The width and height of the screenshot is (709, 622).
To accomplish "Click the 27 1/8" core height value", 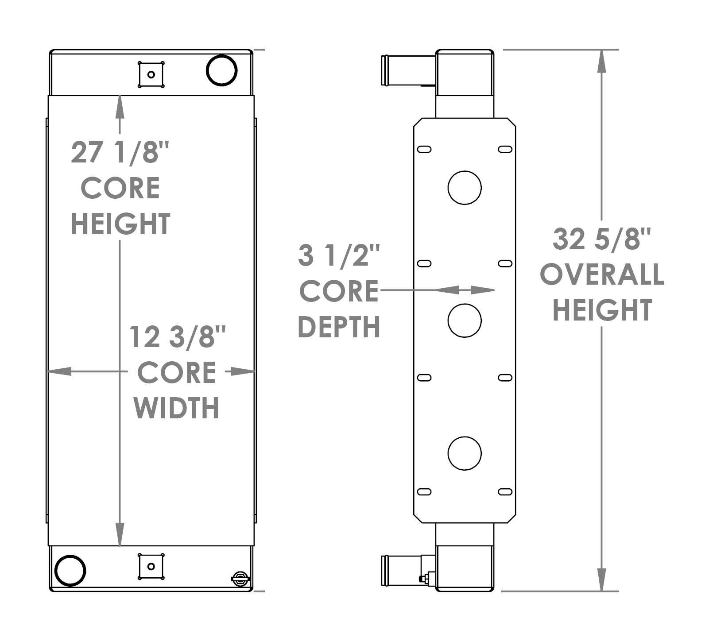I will tap(120, 153).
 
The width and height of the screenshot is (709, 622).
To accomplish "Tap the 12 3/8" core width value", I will tap(177, 337).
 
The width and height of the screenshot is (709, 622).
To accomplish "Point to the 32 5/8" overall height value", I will tap(601, 240).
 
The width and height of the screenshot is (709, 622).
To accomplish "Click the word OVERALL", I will tap(601, 274).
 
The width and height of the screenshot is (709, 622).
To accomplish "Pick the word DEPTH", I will tap(339, 327).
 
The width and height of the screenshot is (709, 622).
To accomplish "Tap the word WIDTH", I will tap(176, 408).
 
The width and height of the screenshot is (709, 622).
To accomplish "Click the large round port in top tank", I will tap(222, 70).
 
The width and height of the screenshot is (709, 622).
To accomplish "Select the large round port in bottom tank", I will tap(70, 570).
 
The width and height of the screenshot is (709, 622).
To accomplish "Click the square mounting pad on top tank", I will tap(151, 74).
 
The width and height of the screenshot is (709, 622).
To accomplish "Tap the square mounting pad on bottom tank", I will tap(151, 566).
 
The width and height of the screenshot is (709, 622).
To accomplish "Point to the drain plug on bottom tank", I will tap(240, 579).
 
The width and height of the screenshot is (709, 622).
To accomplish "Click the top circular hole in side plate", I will tap(464, 187).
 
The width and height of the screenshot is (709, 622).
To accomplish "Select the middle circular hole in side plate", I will tap(464, 320).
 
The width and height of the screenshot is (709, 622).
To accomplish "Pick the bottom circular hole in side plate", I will tap(464, 453).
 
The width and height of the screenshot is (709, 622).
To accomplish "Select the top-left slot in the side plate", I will tap(424, 149).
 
